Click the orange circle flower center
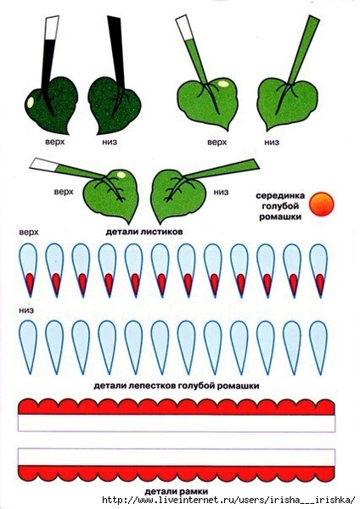pos(321,204)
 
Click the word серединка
pos(280,196)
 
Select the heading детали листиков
pos(144,232)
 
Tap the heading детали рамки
pos(176,491)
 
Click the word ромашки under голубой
pos(280,216)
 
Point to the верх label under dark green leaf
pos(55,142)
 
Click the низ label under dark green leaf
pos(110,142)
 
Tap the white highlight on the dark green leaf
pos(30,103)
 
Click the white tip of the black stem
pos(51,28)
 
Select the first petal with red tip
pos(28,270)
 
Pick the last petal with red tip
pos(318,270)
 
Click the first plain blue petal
pos(28,347)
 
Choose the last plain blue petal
pos(318,347)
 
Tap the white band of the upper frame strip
pos(176,423)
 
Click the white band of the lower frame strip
pos(176,457)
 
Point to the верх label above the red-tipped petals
pos(29,232)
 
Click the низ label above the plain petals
pos(26,310)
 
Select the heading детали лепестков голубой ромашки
pos(177,386)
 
